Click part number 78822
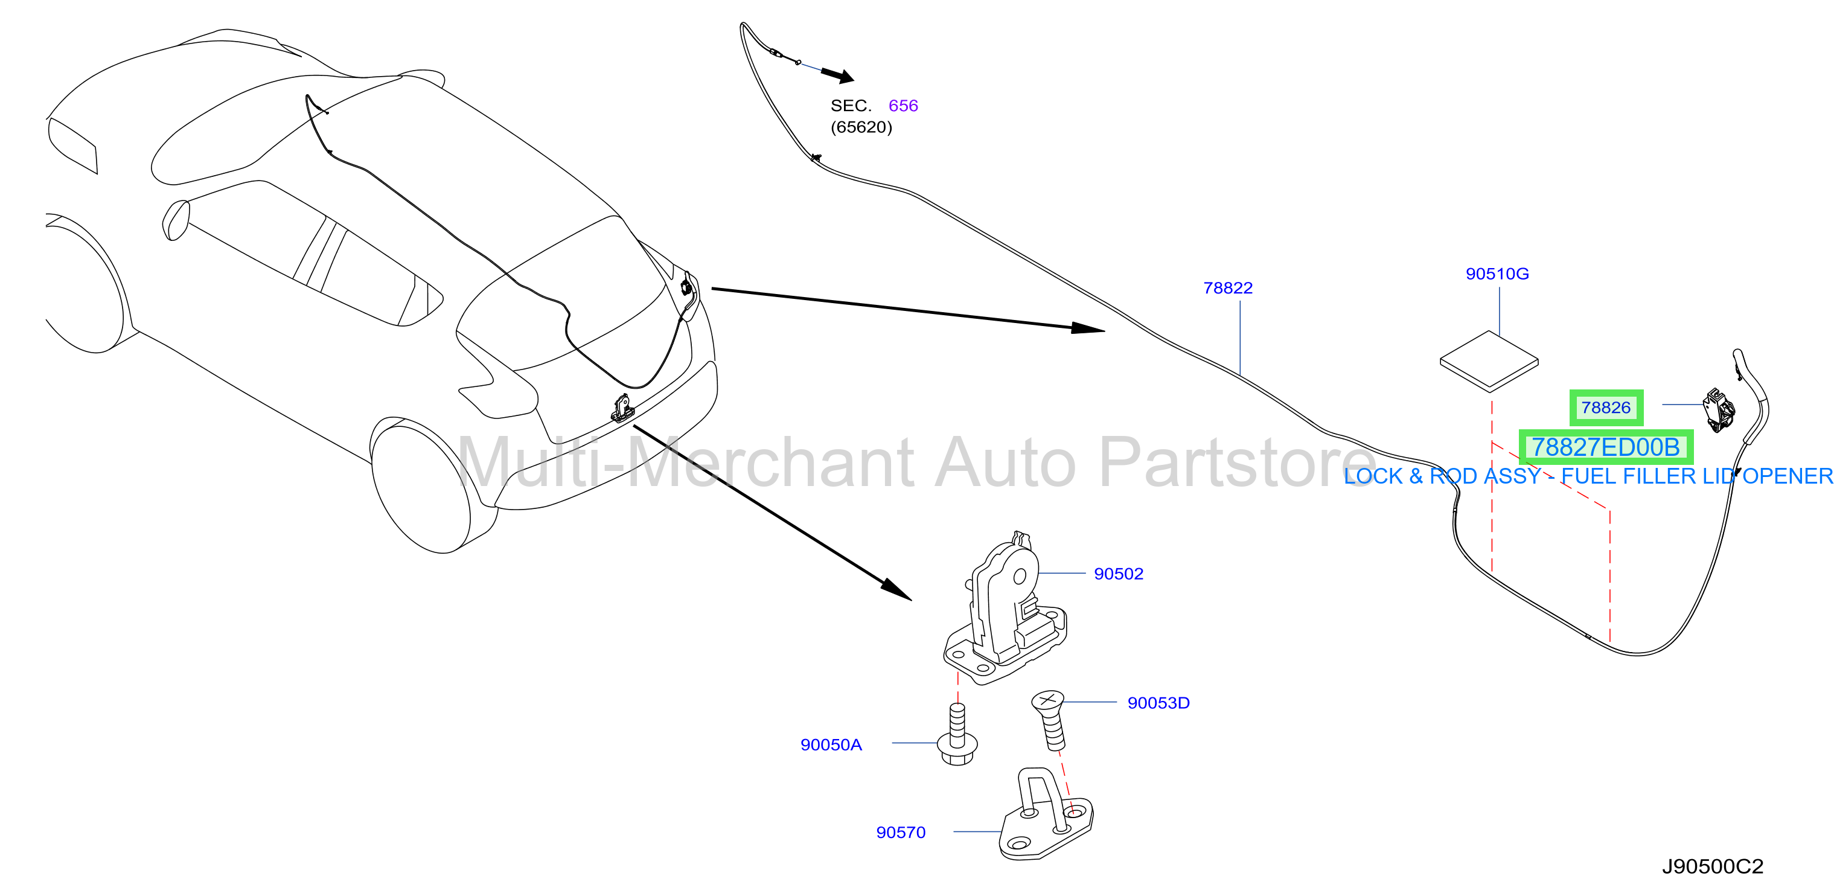coord(1227,288)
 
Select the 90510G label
coord(1497,274)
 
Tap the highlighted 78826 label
coord(1606,408)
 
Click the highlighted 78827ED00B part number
coord(1606,447)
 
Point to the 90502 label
coord(1119,574)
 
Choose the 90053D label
coord(1158,703)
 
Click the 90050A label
coord(831,744)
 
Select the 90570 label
coord(901,832)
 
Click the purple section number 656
coord(904,106)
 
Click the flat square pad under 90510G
coord(1489,361)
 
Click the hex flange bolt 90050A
coord(957,734)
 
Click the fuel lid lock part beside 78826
coord(1718,409)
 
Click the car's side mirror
coord(176,220)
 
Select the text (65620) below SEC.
coord(861,127)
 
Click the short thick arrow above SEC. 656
coord(837,75)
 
